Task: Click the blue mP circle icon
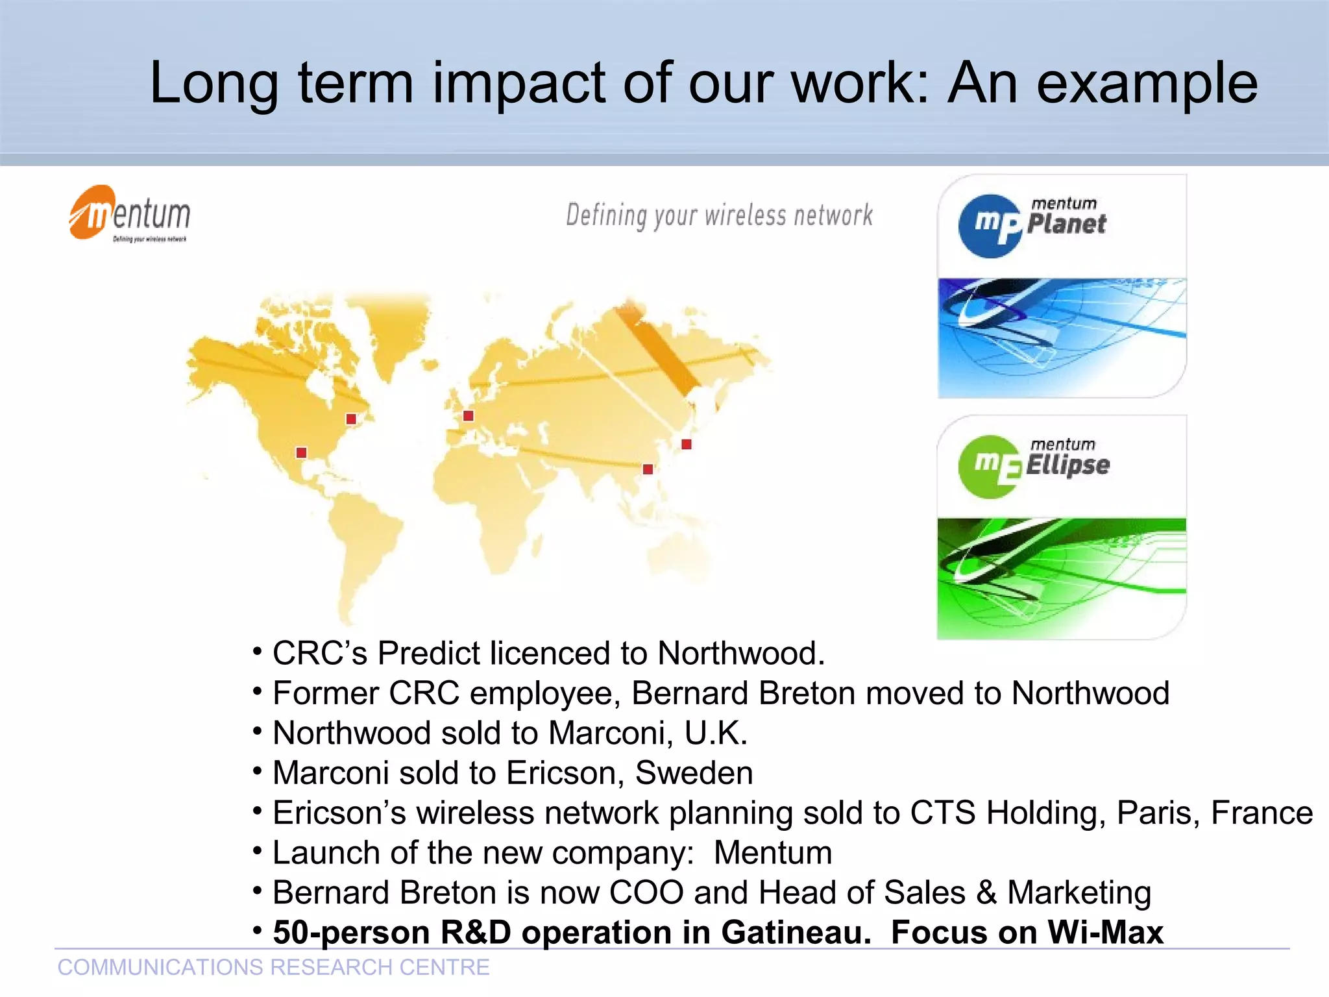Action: (990, 226)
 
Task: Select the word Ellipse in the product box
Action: (1067, 465)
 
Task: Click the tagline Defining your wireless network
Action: (719, 215)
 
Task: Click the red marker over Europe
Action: (469, 415)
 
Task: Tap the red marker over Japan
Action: (687, 444)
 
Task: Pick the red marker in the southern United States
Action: (301, 452)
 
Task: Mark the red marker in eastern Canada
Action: (351, 419)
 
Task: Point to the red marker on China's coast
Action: (648, 469)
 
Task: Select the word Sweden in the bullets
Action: (694, 773)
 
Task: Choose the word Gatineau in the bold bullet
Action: (796, 932)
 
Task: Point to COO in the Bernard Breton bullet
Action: (646, 892)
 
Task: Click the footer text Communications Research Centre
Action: (273, 967)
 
